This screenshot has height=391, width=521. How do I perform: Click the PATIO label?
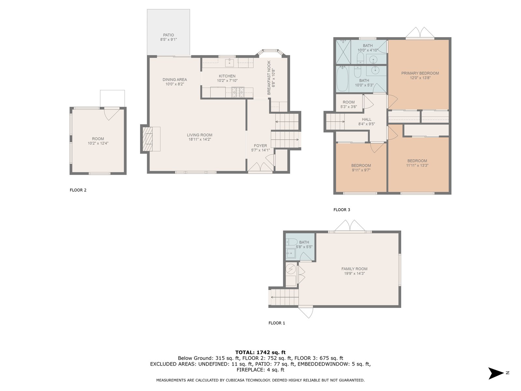click(168, 35)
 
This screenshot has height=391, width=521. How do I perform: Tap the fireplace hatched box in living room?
click(148, 139)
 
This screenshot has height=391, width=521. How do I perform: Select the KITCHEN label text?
click(227, 76)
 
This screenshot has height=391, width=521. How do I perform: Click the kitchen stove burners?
click(238, 92)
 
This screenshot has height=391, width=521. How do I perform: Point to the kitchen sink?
click(229, 63)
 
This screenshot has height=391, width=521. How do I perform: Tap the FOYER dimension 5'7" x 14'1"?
click(260, 150)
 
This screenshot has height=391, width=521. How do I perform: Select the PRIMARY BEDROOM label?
click(420, 73)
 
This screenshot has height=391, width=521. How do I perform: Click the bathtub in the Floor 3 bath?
click(342, 79)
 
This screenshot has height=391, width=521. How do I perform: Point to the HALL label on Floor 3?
click(366, 119)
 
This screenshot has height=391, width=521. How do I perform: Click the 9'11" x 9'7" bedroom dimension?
click(361, 170)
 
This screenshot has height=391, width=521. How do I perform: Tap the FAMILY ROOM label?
click(354, 269)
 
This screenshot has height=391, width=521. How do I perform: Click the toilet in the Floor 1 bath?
click(291, 242)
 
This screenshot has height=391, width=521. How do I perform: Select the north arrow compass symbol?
click(496, 373)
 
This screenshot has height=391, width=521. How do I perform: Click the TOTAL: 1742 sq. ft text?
click(260, 352)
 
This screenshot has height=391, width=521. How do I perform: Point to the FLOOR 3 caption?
click(342, 210)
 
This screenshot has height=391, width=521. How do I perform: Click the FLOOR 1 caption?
click(276, 323)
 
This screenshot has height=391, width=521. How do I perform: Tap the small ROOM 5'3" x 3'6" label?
click(348, 105)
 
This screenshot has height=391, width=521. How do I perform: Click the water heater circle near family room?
click(290, 269)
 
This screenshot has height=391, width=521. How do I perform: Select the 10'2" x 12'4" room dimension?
click(98, 143)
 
